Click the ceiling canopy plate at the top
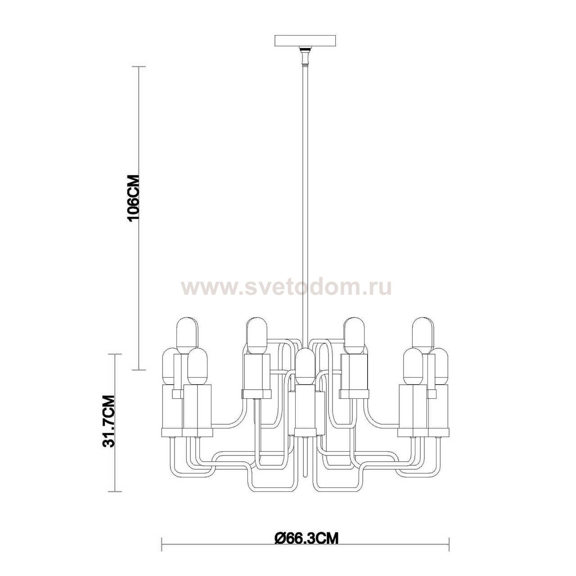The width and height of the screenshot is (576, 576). (x=306, y=40)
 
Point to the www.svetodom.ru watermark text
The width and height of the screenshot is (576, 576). (x=286, y=287)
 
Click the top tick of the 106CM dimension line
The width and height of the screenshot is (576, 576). (x=138, y=67)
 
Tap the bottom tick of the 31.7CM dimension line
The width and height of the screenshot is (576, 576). (x=115, y=491)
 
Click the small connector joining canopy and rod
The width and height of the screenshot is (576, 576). (x=306, y=56)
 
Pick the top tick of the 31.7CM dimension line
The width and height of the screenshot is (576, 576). (x=115, y=354)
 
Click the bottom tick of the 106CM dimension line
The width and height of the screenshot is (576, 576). (x=138, y=370)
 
